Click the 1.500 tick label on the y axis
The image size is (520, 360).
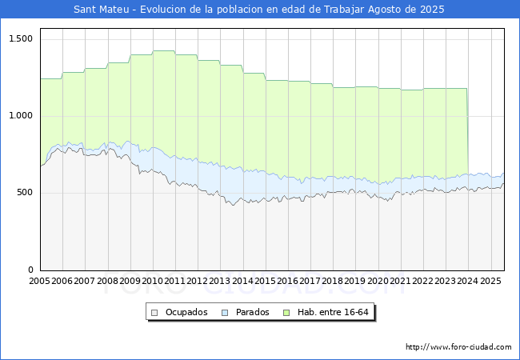pos(21,38)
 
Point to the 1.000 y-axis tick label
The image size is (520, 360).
pos(21,116)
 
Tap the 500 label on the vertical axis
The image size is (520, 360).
pos(25,193)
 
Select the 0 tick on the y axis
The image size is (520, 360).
pos(30,270)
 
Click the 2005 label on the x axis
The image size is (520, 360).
pos(39,281)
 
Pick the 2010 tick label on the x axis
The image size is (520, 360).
pos(152,281)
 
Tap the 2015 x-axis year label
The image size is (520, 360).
pos(265,281)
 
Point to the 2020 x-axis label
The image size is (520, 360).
pos(378,281)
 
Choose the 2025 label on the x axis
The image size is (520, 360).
pos(490,281)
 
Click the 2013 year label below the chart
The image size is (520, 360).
pos(220,281)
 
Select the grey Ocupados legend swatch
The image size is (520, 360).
pos(154,313)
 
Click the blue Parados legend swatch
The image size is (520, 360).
pos(225,313)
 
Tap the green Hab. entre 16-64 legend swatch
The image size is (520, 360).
pos(286,313)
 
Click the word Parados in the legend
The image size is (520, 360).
pos(252,312)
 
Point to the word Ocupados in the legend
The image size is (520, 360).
pos(186,312)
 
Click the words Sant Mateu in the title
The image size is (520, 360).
pos(101,10)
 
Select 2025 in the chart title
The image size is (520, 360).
pos(432,10)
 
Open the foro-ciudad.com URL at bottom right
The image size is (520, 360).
pos(458,347)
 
